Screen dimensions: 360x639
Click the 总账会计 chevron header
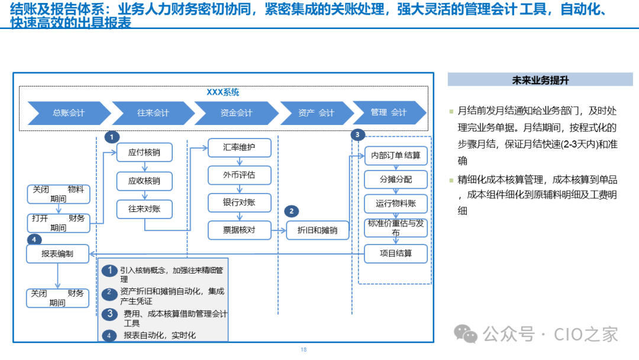(x=69, y=112)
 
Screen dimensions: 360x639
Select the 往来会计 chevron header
(x=153, y=112)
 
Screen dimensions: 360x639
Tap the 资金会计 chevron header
(x=236, y=112)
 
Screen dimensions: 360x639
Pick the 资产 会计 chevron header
(x=316, y=112)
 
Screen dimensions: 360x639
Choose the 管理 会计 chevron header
(x=389, y=112)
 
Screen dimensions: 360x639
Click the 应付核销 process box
(x=144, y=152)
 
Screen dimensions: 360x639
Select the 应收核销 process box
(x=144, y=181)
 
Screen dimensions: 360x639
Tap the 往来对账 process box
(x=144, y=208)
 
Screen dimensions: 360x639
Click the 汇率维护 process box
(x=239, y=147)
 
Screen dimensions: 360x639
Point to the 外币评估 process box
(x=239, y=175)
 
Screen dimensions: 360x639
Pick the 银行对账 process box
(x=239, y=202)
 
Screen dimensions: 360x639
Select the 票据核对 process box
(x=239, y=230)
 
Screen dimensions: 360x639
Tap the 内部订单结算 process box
(x=396, y=156)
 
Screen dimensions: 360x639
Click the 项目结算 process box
(x=396, y=254)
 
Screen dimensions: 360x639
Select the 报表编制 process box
(x=57, y=254)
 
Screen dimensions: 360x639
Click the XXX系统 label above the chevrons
(x=222, y=92)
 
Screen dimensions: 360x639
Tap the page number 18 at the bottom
(x=304, y=350)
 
